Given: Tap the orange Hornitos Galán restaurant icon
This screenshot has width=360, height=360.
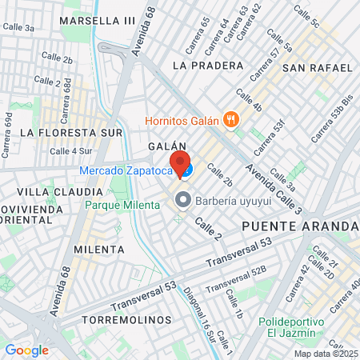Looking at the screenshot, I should pyautogui.click(x=231, y=120).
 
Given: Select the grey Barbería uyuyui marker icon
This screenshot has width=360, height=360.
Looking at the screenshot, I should pyautogui.click(x=182, y=198).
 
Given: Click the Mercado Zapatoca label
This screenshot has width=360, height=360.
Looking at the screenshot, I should pyautogui.click(x=126, y=170).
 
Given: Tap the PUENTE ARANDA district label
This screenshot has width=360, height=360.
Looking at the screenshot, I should pyautogui.click(x=300, y=226).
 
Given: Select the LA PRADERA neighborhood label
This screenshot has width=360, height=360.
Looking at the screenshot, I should pyautogui.click(x=207, y=65).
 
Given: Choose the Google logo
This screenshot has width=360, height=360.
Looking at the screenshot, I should pyautogui.click(x=26, y=350).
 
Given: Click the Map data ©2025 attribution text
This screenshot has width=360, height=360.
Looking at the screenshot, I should pyautogui.click(x=326, y=354).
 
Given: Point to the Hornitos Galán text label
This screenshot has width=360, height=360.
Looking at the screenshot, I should pyautogui.click(x=182, y=121).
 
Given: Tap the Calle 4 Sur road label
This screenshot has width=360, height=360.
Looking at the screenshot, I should pyautogui.click(x=71, y=150).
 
